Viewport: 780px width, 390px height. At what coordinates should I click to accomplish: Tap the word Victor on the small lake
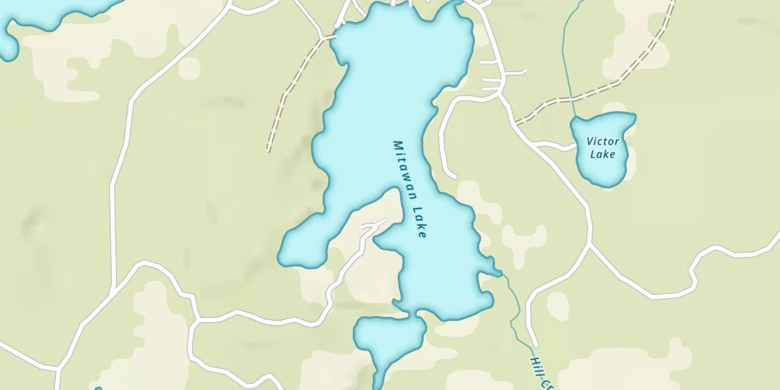(x=603, y=141)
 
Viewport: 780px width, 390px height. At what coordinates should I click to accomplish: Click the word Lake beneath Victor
(x=603, y=154)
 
